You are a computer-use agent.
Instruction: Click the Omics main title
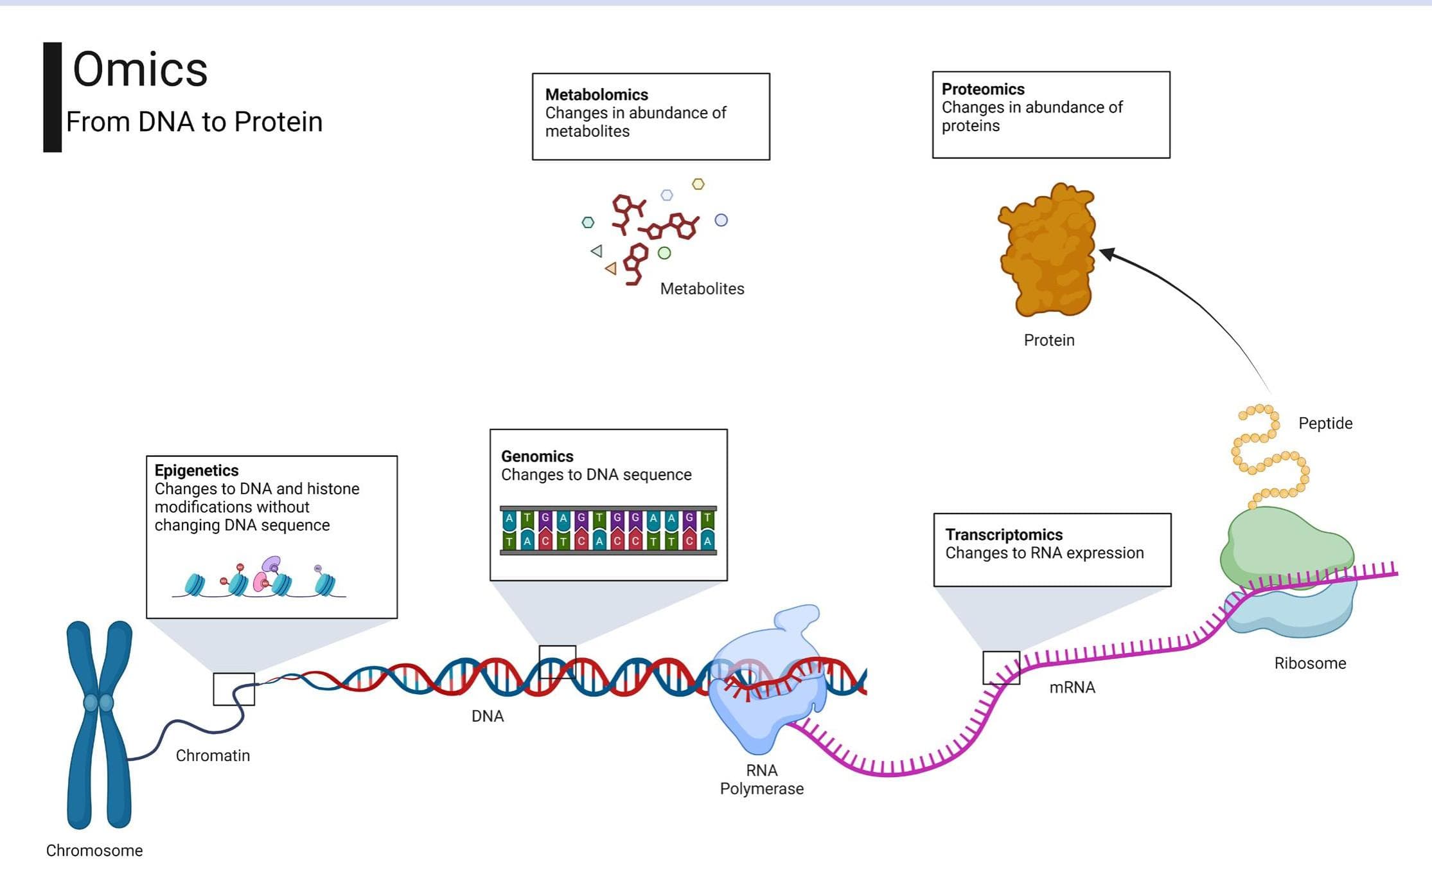pos(140,69)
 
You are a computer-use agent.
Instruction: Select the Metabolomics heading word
pos(596,94)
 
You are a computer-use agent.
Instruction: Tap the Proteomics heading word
pos(982,89)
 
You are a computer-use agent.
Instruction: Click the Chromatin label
pos(213,755)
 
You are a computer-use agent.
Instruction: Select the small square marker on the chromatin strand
pos(234,689)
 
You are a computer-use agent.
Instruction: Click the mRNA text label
pos(1072,687)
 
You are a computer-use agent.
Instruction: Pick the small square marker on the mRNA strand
pos(1001,668)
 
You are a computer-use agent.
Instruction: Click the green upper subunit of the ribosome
pos(1285,546)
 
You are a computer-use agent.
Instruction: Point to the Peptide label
pos(1325,423)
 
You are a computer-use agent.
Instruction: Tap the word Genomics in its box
pos(536,456)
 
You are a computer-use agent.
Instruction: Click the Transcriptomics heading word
pos(1003,534)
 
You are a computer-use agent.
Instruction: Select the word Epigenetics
pos(196,470)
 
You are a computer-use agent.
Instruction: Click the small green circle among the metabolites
pos(664,253)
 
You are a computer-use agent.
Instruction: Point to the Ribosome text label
pos(1309,663)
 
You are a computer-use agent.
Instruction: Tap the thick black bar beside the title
pos(52,97)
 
